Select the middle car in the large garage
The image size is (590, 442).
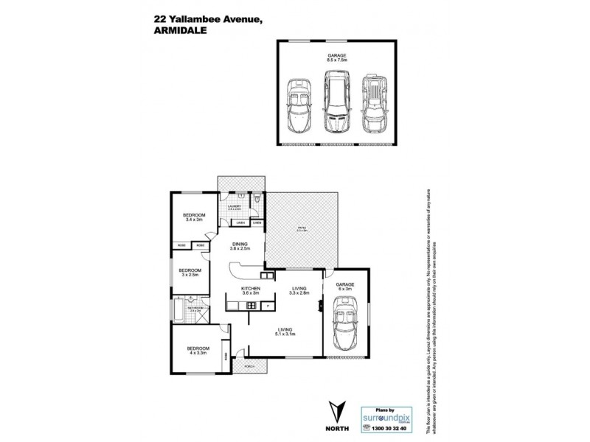click(x=337, y=101)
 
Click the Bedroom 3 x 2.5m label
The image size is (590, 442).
click(x=190, y=273)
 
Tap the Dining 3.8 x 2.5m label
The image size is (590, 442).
click(x=240, y=246)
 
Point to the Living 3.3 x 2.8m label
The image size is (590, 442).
click(x=299, y=292)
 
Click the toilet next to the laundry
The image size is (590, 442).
click(x=254, y=198)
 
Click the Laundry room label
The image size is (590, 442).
click(x=235, y=208)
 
